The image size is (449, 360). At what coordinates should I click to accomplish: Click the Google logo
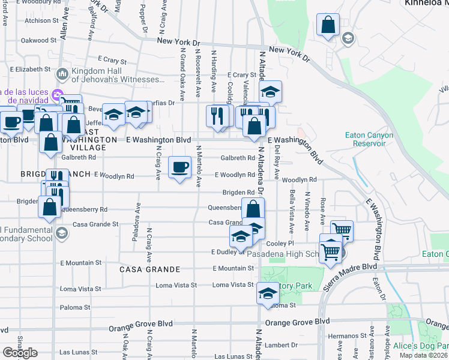[20, 353]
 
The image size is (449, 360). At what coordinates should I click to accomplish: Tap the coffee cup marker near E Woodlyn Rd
[179, 167]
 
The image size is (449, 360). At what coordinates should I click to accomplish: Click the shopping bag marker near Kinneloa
[328, 25]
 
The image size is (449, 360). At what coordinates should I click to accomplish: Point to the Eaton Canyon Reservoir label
[369, 139]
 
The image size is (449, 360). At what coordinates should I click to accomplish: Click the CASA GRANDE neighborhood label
[149, 269]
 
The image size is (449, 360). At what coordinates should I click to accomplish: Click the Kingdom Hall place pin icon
[62, 74]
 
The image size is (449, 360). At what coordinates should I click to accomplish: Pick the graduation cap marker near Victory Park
[268, 293]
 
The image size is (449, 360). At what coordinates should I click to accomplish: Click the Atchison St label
[41, 20]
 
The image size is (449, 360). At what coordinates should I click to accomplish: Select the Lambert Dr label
[282, 345]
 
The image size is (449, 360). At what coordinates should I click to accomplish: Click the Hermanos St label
[350, 337]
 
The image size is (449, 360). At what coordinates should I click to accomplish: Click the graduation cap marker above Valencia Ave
[271, 92]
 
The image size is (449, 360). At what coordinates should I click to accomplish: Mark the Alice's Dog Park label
[421, 346]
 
